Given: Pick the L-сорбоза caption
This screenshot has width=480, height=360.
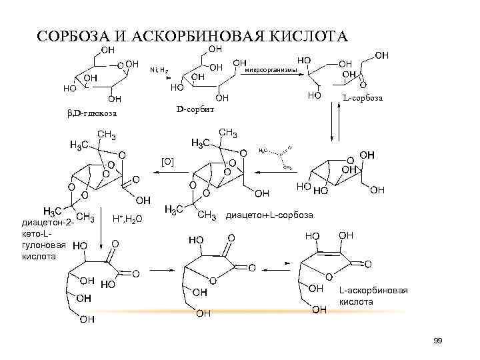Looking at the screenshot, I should pos(363,99).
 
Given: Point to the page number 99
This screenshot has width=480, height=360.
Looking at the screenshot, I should pos(437,341).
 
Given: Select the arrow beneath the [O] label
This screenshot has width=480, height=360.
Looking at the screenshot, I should pos(166,172).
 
